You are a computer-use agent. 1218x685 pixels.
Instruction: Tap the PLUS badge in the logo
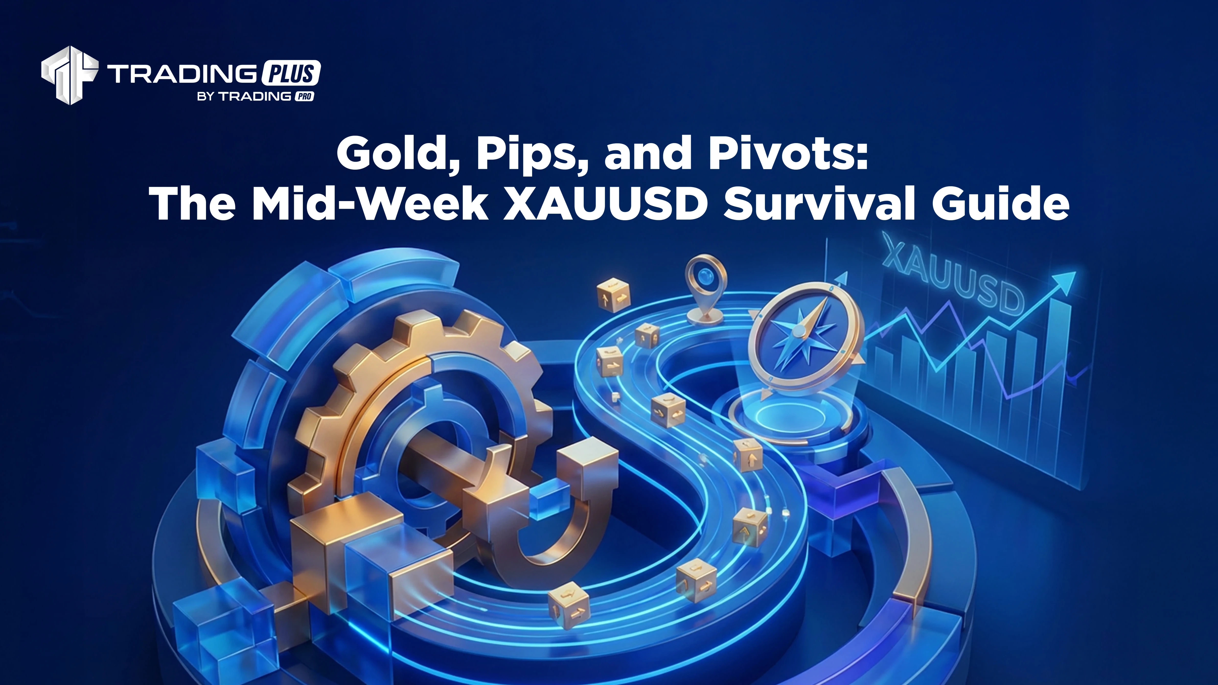click(x=290, y=73)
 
